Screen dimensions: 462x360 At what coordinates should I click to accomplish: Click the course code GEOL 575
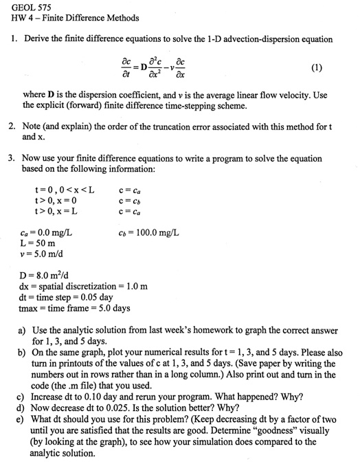(28, 7)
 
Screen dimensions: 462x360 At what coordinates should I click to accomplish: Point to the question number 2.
(12, 127)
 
